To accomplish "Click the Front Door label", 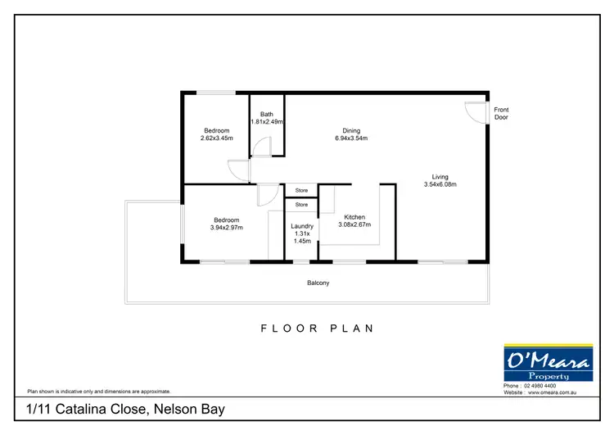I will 501,113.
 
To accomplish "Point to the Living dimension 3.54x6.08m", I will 440,184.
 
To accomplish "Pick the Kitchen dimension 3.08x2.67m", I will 354,224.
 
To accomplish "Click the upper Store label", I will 301,191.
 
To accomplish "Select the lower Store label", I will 301,205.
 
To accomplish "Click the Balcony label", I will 318,283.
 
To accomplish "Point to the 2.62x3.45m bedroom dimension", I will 216,138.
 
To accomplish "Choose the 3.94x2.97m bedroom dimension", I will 227,227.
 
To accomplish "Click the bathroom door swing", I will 262,147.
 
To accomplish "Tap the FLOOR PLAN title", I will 318,329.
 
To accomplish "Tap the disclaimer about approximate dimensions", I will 99,392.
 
